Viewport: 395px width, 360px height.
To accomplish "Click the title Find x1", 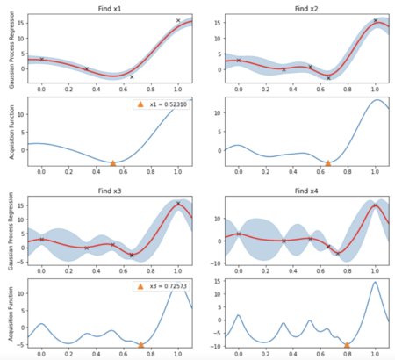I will (111, 6).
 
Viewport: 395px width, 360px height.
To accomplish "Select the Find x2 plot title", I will (304, 6).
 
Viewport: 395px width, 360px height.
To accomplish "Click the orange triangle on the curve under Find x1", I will (112, 163).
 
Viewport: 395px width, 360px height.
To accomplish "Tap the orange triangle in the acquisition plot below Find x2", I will (328, 163).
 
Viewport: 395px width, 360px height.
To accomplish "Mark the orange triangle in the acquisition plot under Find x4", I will (348, 345).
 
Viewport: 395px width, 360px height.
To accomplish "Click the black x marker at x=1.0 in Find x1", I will (178, 20).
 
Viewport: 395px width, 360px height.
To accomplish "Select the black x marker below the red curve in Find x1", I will (132, 77).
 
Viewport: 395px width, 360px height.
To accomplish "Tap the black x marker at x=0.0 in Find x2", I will (239, 61).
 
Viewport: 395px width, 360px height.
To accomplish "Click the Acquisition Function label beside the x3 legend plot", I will (7, 314).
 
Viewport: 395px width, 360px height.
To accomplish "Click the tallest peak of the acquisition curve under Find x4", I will (375, 283).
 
